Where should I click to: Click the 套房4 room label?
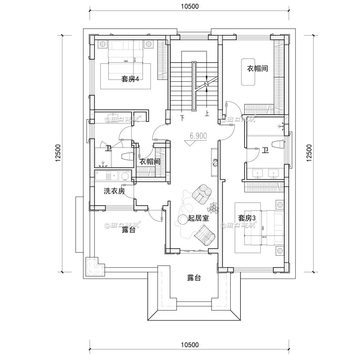[130, 79]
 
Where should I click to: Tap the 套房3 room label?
[247, 218]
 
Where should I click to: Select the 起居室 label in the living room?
[198, 219]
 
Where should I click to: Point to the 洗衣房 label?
[114, 191]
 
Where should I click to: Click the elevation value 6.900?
[198, 136]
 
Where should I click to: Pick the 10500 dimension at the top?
[189, 6]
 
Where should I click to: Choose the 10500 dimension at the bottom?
[189, 345]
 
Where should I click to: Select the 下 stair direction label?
[183, 118]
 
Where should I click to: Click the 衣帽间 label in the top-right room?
[257, 69]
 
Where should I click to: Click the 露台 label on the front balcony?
[194, 278]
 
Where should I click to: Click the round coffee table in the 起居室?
[183, 219]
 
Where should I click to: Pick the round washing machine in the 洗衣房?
[125, 175]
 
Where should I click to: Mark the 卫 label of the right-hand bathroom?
[265, 151]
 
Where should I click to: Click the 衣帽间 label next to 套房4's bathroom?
[150, 162]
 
